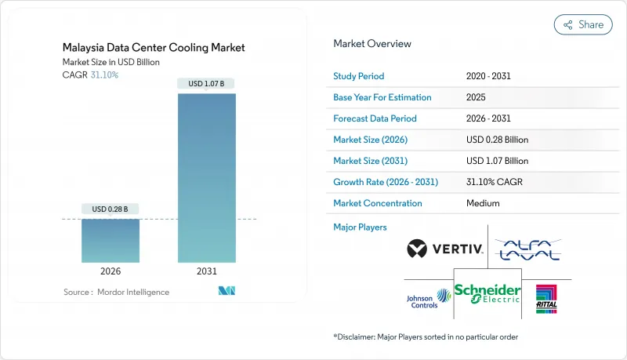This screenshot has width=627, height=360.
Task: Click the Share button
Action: pyautogui.click(x=583, y=24)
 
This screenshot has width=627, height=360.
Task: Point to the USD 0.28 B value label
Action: pyautogui.click(x=111, y=209)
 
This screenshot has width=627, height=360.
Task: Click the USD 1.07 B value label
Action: pyautogui.click(x=206, y=83)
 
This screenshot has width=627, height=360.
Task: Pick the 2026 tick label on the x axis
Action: pyautogui.click(x=111, y=271)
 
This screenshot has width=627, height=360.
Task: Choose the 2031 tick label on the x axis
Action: pyautogui.click(x=206, y=271)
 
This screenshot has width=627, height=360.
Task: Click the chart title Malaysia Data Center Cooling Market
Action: pyautogui.click(x=154, y=48)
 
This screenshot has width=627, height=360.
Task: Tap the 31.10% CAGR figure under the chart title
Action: pyautogui.click(x=104, y=75)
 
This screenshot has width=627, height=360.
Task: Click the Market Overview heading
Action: pyautogui.click(x=372, y=44)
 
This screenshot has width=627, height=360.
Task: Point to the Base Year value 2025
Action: pyautogui.click(x=477, y=98)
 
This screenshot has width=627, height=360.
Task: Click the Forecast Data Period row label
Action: pyautogui.click(x=375, y=119)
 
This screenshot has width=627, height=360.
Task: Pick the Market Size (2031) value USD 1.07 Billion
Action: pyautogui.click(x=497, y=161)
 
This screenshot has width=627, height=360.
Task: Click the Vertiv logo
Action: pyautogui.click(x=444, y=250)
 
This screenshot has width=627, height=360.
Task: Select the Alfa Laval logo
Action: pyautogui.click(x=529, y=249)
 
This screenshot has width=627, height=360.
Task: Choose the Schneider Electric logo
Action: pyautogui.click(x=487, y=293)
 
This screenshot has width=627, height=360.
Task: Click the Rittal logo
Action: pyautogui.click(x=546, y=298)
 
